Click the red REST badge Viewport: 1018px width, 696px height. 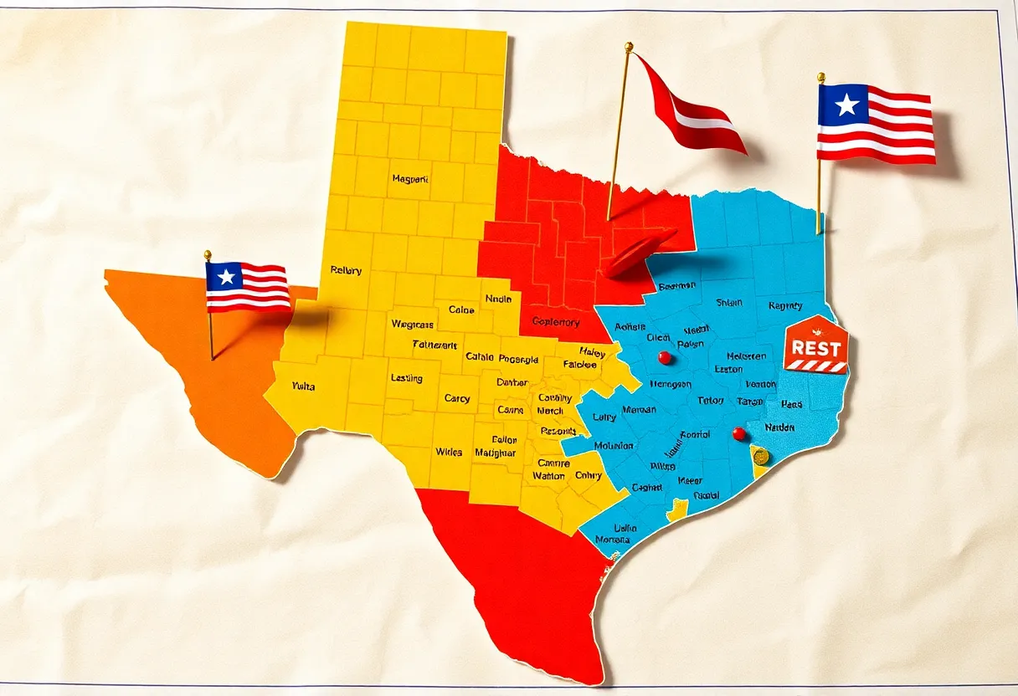(x=815, y=345)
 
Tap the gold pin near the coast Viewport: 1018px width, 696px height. (x=760, y=456)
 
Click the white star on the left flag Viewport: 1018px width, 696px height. (x=226, y=276)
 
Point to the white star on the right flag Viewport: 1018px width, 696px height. (x=847, y=105)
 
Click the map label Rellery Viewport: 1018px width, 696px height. (x=346, y=270)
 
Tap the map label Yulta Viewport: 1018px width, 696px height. (x=303, y=386)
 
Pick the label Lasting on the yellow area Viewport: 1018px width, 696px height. (x=407, y=378)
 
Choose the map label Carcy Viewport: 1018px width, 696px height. (x=457, y=398)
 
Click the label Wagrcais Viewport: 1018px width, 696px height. (x=412, y=324)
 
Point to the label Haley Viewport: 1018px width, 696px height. (x=592, y=352)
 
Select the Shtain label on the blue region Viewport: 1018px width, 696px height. (x=728, y=304)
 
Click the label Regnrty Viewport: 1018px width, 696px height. (x=784, y=306)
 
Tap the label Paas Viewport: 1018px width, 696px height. (x=791, y=404)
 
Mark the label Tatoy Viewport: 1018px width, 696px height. (x=710, y=401)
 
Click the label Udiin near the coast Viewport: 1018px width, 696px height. (x=625, y=528)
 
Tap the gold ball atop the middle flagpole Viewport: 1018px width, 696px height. (x=628, y=47)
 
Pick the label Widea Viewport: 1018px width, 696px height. (x=449, y=452)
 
